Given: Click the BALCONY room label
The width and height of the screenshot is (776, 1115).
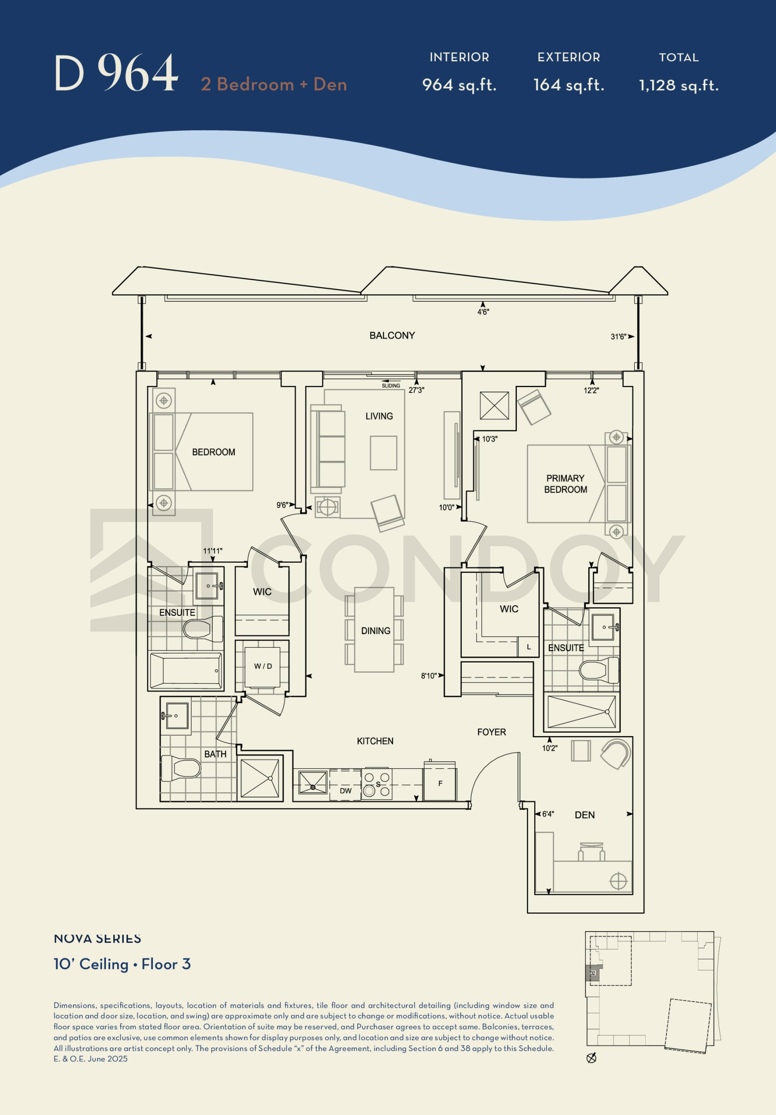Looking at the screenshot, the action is pos(392,335).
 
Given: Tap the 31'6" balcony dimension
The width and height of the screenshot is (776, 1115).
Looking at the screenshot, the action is pos(619,337).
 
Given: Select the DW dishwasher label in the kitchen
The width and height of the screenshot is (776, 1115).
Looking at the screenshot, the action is pos(346,791).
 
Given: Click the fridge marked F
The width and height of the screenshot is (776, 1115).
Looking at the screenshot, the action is pos(440,783).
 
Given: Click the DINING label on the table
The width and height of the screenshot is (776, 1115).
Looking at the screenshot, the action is pos(376,631).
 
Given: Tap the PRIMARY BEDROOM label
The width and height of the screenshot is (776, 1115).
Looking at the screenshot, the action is pos(565,484).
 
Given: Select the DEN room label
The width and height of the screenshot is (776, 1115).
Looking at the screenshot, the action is pos(585,815).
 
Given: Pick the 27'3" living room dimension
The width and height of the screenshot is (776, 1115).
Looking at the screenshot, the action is pos(417,390).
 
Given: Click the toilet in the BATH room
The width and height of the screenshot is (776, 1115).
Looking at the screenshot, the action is pos(181,768).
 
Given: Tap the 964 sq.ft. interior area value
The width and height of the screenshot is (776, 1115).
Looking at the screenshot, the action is pos(459,85).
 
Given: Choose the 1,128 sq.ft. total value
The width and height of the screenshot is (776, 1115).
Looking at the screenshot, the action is pos(678,85).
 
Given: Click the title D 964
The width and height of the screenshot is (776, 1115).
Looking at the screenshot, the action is pos(116,73).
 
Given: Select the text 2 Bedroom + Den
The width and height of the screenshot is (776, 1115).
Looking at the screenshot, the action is pos(274,84).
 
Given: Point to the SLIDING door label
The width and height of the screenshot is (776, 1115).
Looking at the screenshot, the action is pos(391,385).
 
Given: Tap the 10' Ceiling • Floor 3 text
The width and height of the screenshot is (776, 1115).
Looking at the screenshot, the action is pos(122,964).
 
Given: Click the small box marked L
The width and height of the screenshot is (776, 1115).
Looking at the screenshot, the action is pos(528,647).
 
